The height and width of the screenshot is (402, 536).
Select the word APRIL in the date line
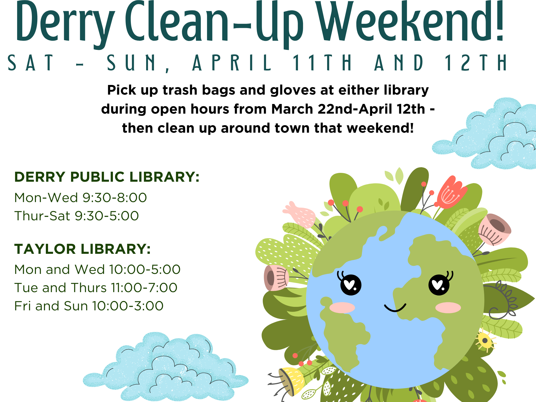pyautogui.click(x=232, y=63)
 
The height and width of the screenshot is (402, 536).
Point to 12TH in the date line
pyautogui.click(x=476, y=63)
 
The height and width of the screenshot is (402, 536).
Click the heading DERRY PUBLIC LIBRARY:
pyautogui.click(x=107, y=177)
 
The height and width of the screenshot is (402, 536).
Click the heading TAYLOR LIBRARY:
pyautogui.click(x=82, y=249)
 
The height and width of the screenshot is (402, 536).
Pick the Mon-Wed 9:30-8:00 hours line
pyautogui.click(x=80, y=198)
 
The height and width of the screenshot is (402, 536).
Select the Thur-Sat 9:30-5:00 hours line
pyautogui.click(x=76, y=216)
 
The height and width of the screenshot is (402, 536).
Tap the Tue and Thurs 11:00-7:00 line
pyautogui.click(x=96, y=288)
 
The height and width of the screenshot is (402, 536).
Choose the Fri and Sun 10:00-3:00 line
pyautogui.click(x=89, y=306)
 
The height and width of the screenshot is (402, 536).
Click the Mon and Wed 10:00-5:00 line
pyautogui.click(x=97, y=270)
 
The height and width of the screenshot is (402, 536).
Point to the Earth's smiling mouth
pyautogui.click(x=395, y=308)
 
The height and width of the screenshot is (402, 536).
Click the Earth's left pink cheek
pyautogui.click(x=342, y=308)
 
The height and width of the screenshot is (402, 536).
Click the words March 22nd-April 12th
pyautogui.click(x=348, y=109)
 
